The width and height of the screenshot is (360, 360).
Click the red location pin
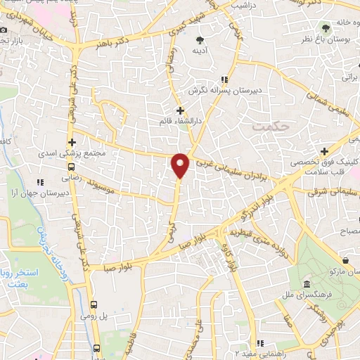[x=181, y=165]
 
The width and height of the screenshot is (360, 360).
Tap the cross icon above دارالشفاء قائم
[x=180, y=110]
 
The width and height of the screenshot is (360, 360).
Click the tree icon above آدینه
[x=201, y=39]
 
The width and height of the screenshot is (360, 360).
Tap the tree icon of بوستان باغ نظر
[x=326, y=28]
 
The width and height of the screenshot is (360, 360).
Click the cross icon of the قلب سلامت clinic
[x=324, y=152]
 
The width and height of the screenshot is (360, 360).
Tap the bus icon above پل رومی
[x=95, y=304]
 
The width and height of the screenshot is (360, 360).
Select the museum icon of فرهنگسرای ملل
[x=307, y=284]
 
